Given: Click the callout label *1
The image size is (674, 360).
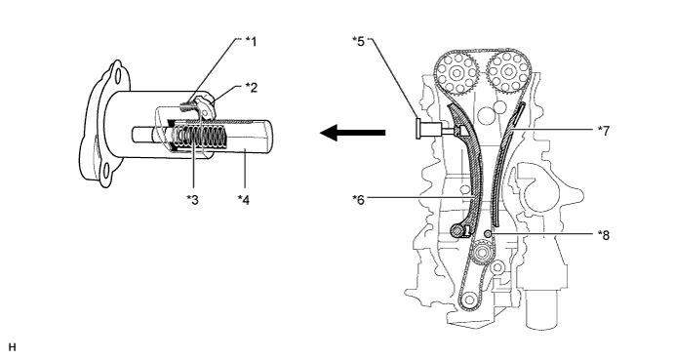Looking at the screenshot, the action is (x=251, y=42).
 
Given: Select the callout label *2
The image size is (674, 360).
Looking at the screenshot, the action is (x=252, y=88).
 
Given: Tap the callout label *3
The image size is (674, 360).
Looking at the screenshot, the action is (x=192, y=200).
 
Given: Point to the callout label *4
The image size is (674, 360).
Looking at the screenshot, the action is (x=244, y=200).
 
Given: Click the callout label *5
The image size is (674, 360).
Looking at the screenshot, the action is (x=358, y=42).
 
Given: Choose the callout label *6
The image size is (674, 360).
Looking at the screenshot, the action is (x=358, y=200).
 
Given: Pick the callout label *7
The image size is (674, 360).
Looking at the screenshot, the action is (x=604, y=131).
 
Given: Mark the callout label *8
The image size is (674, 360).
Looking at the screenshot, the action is (x=604, y=235).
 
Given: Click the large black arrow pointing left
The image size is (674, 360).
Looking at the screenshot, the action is (x=352, y=133).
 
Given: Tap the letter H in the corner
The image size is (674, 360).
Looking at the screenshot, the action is (x=12, y=347).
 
